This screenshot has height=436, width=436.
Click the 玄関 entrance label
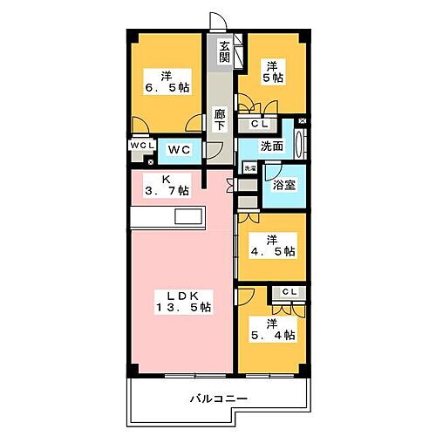coord(225,52)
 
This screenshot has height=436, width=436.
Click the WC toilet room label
coord(180,149)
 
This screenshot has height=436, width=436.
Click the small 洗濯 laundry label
coord(249,168)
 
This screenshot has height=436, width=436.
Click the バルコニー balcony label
coord(220,399)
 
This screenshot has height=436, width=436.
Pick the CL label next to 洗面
coord(260,125)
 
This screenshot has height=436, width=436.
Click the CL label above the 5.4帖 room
coord(290,291)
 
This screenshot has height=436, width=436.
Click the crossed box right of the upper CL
coord(302,121)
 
